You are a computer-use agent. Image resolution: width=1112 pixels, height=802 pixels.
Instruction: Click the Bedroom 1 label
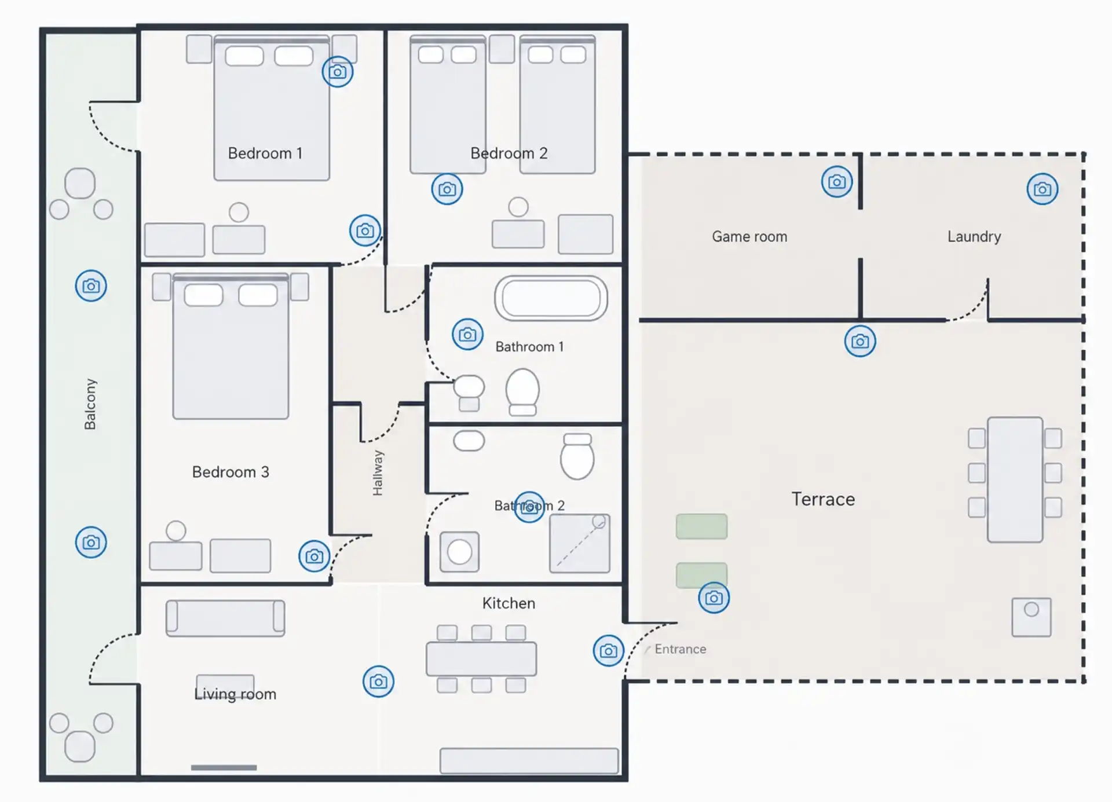265,153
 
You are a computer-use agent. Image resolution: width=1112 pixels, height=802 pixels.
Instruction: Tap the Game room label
749,237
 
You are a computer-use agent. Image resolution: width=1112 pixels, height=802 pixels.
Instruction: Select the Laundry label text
974,237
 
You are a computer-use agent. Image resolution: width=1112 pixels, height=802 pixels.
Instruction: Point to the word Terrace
823,499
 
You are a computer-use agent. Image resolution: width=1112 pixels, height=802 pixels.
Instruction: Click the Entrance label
681,649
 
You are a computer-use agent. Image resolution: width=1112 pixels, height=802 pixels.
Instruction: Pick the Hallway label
378,473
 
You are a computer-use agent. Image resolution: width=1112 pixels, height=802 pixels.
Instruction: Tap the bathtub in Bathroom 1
551,299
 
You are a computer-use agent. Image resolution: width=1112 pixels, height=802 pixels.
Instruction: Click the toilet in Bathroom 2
577,456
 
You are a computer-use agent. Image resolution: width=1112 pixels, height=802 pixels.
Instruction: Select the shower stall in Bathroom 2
579,543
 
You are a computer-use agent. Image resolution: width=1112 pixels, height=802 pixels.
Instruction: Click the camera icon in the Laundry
1042,189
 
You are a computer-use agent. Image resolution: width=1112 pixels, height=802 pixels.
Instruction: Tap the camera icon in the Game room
837,182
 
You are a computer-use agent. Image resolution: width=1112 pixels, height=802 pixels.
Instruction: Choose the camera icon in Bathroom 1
467,335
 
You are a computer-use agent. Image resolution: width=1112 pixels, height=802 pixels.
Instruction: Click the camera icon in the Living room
378,682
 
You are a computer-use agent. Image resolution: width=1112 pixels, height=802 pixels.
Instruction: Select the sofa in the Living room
225,618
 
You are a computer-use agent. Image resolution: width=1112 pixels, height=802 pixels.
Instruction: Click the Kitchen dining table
481,659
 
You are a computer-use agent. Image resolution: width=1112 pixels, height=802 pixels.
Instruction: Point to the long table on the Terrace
1015,479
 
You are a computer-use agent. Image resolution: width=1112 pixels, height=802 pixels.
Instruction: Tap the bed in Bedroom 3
231,346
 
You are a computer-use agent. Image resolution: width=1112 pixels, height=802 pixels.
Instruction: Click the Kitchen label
509,603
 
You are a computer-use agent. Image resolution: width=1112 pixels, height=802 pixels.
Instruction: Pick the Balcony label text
90,404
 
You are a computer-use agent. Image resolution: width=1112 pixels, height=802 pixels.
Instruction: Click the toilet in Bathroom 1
522,392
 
